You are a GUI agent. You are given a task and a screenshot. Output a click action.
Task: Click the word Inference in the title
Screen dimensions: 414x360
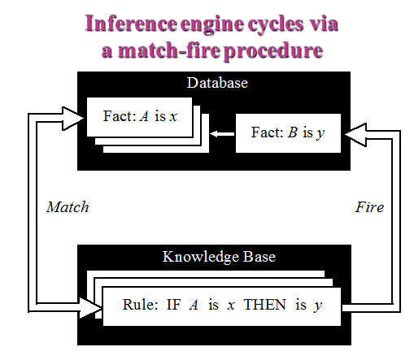131,24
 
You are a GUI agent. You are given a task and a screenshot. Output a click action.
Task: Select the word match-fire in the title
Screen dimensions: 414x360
169,50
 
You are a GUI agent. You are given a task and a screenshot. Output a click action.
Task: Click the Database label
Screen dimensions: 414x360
217,83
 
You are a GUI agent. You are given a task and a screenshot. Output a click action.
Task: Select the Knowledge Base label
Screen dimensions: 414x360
219,257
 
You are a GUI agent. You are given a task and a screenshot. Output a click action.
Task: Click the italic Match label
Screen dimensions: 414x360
68,207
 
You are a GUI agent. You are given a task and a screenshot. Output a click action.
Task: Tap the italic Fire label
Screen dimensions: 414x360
369,207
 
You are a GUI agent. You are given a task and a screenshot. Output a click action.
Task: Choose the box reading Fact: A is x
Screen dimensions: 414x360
140,117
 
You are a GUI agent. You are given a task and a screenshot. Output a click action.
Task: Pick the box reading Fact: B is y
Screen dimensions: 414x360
288,133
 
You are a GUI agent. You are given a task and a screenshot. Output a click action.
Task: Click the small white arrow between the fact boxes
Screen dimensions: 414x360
222,134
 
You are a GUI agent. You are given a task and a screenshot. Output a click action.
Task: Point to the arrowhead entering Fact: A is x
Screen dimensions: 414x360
73,119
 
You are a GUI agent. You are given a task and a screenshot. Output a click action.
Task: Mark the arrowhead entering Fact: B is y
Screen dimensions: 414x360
355,135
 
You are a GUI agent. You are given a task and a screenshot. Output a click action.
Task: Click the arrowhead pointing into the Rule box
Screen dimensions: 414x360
91,308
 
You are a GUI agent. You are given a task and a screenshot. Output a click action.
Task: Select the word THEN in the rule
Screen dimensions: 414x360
264,305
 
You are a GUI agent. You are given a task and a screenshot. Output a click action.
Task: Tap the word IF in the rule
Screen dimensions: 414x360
173,305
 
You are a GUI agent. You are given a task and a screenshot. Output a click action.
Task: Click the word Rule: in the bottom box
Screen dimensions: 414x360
140,305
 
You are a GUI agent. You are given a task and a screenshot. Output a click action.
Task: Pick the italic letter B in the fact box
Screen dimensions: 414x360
293,132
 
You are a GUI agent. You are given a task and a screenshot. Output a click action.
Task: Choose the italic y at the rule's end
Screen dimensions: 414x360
318,306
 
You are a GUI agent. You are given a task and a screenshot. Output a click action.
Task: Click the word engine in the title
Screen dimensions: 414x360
212,25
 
